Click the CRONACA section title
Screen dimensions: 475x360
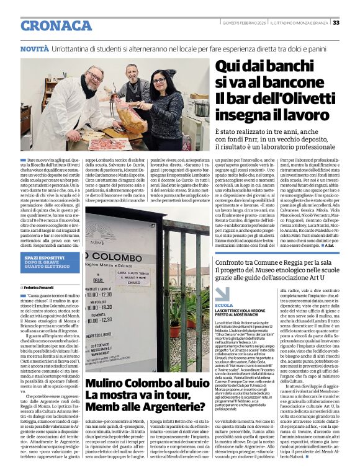56,25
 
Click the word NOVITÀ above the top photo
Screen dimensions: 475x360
34,48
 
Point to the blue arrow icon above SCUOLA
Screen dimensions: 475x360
222,294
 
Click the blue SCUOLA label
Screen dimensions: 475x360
224,306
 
